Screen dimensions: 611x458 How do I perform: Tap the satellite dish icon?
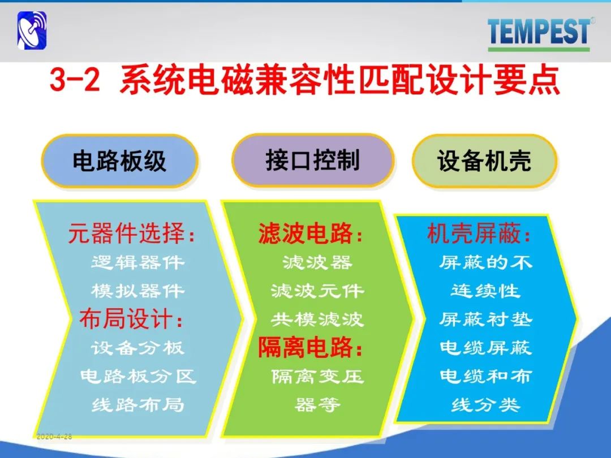[32, 31]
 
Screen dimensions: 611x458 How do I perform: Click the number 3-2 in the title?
[75, 81]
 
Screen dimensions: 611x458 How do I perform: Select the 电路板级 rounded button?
[119, 161]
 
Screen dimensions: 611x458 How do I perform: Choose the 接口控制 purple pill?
[312, 161]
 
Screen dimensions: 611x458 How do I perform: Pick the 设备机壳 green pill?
[484, 161]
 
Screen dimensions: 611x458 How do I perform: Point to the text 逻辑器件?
[137, 262]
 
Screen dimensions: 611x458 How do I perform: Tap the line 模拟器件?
[137, 291]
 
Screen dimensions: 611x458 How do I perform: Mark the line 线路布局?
[137, 405]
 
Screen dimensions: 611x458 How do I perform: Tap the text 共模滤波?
[317, 319]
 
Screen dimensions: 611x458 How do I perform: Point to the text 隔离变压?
[317, 376]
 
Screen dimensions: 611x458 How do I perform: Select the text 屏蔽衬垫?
[485, 319]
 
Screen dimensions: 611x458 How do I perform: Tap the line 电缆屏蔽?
[485, 348]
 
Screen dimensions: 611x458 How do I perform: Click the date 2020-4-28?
[54, 437]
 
